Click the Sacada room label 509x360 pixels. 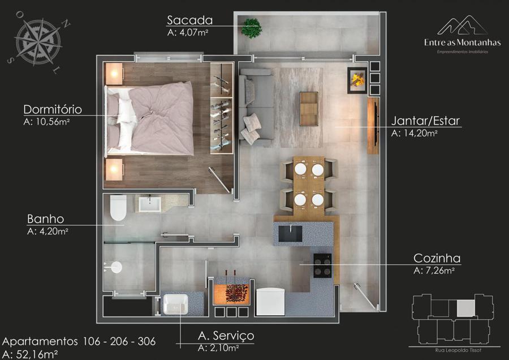click(x=190, y=20)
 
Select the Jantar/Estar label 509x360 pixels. click(x=425, y=121)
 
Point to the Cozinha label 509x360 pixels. click(x=437, y=258)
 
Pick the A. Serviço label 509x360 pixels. click(x=226, y=336)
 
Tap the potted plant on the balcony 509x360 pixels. click(x=251, y=28)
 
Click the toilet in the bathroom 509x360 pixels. click(x=118, y=208)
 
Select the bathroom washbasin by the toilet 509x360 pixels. click(x=150, y=204)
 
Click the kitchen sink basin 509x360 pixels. click(x=290, y=234)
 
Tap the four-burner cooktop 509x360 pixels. click(x=322, y=265)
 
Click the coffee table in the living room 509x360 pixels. click(x=309, y=109)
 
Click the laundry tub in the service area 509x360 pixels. click(x=176, y=305)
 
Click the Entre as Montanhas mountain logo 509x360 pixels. click(x=463, y=25)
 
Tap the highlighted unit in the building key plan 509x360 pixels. click(x=466, y=308)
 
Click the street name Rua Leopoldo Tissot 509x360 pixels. click(x=458, y=350)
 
